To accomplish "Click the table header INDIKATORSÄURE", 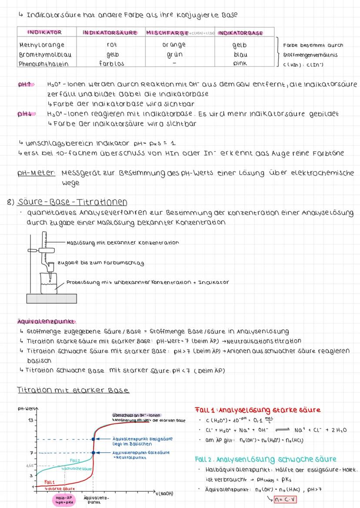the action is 110,33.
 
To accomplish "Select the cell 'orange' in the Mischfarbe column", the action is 174,45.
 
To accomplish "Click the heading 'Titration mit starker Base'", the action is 73,391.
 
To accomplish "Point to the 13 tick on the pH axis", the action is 30,421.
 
